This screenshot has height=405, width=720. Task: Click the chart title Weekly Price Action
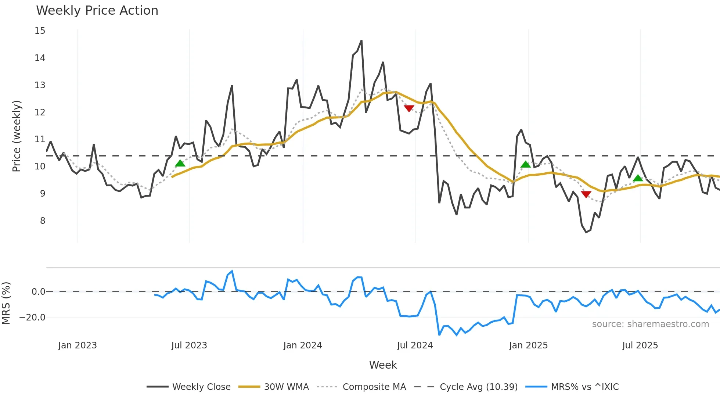(x=97, y=11)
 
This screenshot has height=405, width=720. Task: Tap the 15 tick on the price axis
(x=40, y=31)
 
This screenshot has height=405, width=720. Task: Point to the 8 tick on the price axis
(x=43, y=221)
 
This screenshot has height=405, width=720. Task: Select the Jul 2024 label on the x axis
(x=415, y=345)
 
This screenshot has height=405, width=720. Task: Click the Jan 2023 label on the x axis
(x=78, y=345)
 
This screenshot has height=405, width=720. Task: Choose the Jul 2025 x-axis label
(x=640, y=345)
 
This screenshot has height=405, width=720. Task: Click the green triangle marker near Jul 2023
(x=180, y=164)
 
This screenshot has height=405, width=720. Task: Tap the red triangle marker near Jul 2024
(x=409, y=108)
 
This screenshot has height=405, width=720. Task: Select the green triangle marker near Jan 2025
(x=526, y=164)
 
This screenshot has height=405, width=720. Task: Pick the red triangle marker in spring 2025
(x=586, y=194)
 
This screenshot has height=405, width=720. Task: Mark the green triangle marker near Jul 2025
(x=638, y=178)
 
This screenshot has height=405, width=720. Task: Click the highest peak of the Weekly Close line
(x=361, y=41)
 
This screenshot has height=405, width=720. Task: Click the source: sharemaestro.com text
(x=650, y=324)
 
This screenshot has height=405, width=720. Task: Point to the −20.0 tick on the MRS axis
(x=32, y=318)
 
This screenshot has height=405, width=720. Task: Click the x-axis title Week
(x=383, y=365)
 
